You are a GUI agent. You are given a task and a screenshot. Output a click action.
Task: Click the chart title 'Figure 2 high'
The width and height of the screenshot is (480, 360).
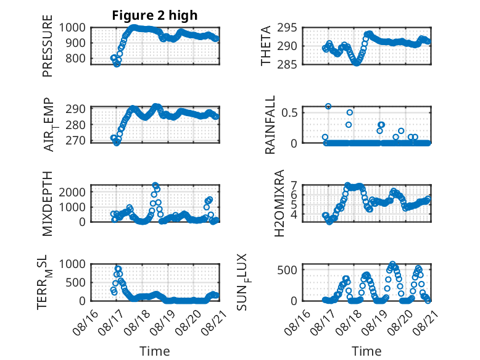click(x=155, y=15)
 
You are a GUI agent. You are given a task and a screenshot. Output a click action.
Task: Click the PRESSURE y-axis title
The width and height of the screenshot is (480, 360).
click(x=48, y=46)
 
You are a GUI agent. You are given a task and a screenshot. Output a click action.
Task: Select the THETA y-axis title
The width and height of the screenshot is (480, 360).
click(x=266, y=46)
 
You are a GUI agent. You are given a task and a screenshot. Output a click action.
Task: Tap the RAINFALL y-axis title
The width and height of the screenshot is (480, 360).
click(x=270, y=125)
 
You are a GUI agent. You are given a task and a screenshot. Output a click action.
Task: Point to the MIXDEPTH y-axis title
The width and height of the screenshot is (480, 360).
click(x=48, y=203)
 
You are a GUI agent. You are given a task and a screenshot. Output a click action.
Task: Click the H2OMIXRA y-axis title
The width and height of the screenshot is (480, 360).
click(x=279, y=203)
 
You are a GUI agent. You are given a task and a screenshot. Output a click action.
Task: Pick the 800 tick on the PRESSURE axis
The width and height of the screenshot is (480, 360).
click(x=75, y=58)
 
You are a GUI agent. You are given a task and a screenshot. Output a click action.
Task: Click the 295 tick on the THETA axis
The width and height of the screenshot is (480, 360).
click(x=287, y=28)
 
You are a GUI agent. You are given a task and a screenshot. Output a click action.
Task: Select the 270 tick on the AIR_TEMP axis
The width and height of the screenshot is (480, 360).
click(x=75, y=141)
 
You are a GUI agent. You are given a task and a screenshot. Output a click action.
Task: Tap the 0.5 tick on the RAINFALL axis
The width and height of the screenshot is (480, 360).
click(x=289, y=112)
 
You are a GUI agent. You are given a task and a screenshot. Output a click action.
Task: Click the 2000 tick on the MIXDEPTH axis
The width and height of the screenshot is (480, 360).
click(x=72, y=192)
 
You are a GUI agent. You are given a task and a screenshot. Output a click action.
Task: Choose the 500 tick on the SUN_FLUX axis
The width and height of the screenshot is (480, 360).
click(x=287, y=270)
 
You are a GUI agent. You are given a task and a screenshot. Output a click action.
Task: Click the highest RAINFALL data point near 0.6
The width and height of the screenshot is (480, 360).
click(x=328, y=106)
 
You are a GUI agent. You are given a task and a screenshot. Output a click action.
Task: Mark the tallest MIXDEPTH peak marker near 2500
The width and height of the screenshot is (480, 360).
click(x=155, y=185)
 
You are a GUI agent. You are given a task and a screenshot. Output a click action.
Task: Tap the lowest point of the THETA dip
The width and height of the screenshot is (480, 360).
click(x=357, y=63)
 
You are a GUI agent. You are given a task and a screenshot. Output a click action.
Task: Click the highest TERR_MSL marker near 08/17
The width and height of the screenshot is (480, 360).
click(x=118, y=269)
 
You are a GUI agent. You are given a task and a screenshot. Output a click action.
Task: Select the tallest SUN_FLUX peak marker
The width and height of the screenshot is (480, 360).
click(x=392, y=264)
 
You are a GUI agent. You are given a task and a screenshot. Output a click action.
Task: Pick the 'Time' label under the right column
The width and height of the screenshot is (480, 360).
click(x=366, y=351)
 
